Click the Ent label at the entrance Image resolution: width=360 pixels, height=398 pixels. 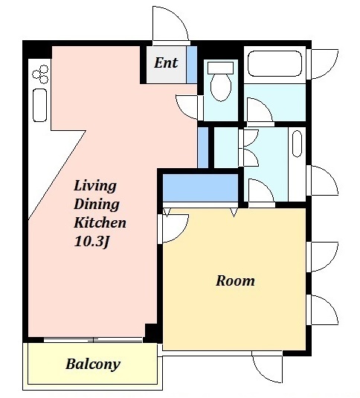[x=166, y=62]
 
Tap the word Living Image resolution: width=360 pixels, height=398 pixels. [x=95, y=187]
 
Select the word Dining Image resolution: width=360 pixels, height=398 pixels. [x=97, y=205]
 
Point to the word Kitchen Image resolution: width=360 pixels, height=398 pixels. [x=100, y=222]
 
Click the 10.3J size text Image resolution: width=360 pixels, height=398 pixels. [x=91, y=241]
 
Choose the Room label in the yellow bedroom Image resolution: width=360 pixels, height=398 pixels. [x=235, y=280]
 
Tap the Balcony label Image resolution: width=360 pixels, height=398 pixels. [x=93, y=365]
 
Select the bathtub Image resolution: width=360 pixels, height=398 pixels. [x=274, y=63]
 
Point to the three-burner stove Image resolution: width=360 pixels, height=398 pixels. [x=41, y=74]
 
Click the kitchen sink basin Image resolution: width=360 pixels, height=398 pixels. [x=40, y=105]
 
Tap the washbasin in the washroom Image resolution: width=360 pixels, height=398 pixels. [x=297, y=144]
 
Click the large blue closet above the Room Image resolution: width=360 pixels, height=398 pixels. [x=200, y=187]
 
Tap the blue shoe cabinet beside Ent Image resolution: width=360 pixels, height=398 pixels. [x=192, y=65]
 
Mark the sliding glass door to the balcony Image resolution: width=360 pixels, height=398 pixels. [x=93, y=340]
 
